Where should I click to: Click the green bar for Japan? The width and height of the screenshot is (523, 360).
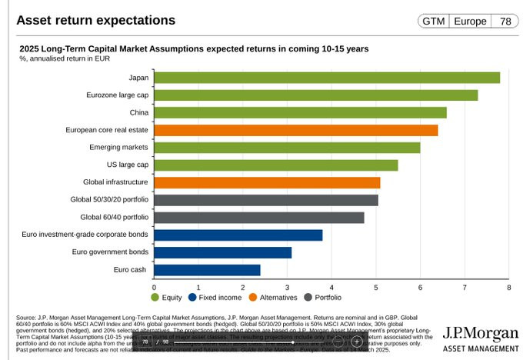tap(327, 78)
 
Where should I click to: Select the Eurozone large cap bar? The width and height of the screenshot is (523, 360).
tap(316, 95)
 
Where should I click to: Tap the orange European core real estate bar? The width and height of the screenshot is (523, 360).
tap(296, 130)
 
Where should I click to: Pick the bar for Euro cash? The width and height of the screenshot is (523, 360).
tap(208, 270)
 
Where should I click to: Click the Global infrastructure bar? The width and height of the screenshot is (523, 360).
tap(268, 182)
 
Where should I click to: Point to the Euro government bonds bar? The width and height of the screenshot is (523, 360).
tap(223, 252)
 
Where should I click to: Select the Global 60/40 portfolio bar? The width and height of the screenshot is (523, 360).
tap(259, 218)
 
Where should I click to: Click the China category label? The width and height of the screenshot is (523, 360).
tap(138, 112)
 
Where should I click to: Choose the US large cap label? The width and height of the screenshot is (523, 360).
tap(128, 165)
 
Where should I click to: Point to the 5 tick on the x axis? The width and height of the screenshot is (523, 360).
tap(376, 287)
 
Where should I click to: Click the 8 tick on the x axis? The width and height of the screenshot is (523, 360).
tap(509, 287)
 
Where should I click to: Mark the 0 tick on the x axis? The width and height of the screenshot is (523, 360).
tap(155, 287)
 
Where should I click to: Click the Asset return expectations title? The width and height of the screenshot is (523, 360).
tap(95, 20)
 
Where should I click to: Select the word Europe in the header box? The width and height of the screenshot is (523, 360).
tap(469, 21)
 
